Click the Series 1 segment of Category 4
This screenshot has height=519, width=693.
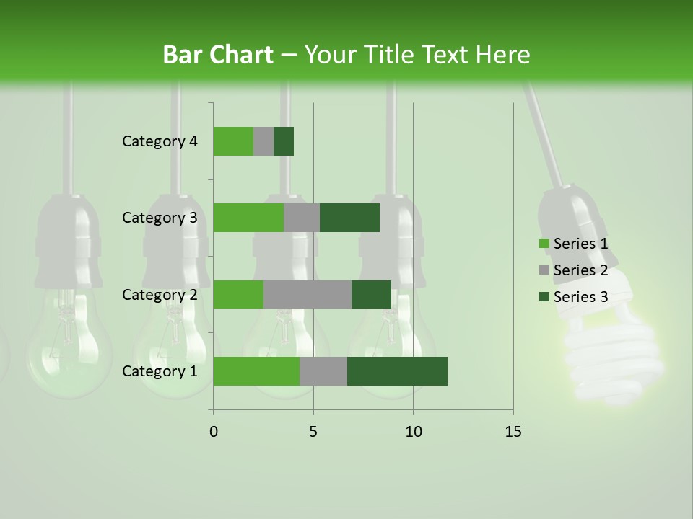tap(233, 141)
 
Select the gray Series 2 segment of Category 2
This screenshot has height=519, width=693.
tap(308, 294)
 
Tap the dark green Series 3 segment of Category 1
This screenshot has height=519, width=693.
tap(397, 371)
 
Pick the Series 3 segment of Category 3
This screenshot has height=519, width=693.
tap(349, 218)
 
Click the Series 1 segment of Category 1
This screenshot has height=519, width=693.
tap(256, 371)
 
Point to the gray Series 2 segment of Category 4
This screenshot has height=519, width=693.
tap(263, 141)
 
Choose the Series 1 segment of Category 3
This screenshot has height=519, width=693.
tap(248, 218)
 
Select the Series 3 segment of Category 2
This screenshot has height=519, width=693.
tap(371, 294)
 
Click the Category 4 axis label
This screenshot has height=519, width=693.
tap(160, 141)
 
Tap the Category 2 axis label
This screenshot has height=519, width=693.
tap(160, 294)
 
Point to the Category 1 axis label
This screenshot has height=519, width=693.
tap(160, 371)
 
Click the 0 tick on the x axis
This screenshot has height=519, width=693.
tap(214, 432)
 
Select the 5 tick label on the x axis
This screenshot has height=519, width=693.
tap(313, 432)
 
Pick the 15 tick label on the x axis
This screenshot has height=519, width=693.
tap(513, 432)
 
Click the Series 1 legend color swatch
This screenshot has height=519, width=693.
tap(544, 244)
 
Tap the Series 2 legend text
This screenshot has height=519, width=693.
tap(580, 270)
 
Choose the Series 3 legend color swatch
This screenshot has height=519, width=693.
tap(544, 297)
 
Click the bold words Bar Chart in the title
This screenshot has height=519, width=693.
tap(218, 55)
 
